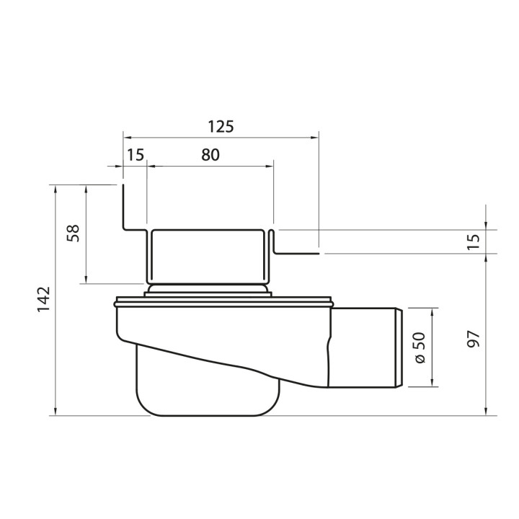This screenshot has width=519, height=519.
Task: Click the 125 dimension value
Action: coord(221,126)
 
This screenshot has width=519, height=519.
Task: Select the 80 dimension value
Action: coord(210,154)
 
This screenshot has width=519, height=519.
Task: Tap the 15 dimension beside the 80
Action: coord(135,154)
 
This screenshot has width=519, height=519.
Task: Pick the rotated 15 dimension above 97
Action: coord(473,242)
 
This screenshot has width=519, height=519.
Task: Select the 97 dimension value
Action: coord(473,340)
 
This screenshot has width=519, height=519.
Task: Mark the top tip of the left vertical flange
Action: coord(123,187)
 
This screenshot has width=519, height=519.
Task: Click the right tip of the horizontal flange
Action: coord(318,253)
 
